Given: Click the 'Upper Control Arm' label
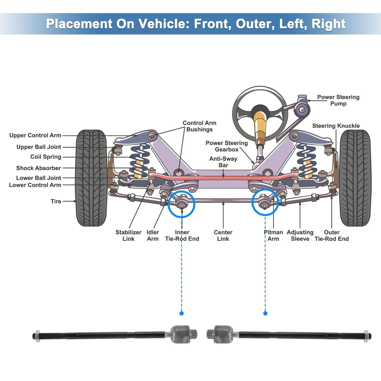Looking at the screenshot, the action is click(x=35, y=136).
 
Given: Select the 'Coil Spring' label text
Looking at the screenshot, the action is click(x=46, y=157).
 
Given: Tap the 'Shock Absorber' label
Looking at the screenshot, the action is click(x=38, y=168).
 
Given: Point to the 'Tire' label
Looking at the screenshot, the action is click(x=56, y=201).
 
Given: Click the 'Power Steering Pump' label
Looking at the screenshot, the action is click(x=338, y=100).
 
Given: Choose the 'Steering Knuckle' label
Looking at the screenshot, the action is click(x=336, y=126).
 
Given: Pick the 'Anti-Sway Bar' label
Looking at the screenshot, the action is click(x=223, y=162).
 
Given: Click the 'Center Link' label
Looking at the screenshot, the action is click(x=223, y=235).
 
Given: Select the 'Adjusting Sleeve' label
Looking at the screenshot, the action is click(x=300, y=235).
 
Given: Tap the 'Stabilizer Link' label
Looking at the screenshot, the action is click(x=128, y=235).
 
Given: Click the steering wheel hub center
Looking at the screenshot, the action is click(x=260, y=111).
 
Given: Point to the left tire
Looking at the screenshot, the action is click(x=91, y=178).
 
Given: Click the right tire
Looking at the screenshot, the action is click(x=355, y=178).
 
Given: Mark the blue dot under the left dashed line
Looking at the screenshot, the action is click(x=181, y=314).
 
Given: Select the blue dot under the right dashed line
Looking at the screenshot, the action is click(x=265, y=314).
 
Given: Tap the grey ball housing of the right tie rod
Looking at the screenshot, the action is click(x=223, y=334).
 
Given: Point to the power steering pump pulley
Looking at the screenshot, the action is click(x=302, y=109).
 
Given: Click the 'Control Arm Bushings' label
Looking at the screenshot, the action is click(x=199, y=126).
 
